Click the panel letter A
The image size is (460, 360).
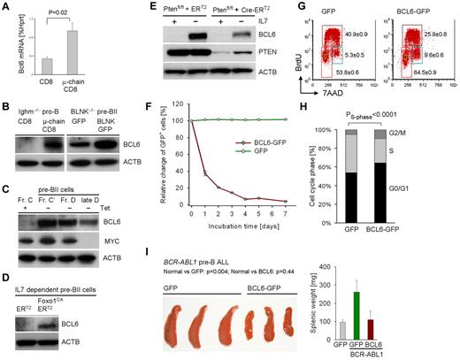[x=6, y=7]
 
